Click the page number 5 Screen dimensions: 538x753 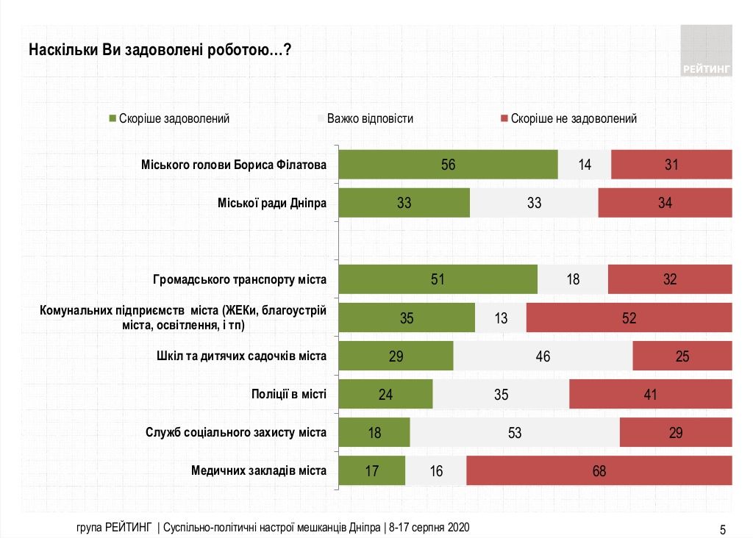[722, 528]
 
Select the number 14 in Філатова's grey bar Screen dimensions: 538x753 [585, 165]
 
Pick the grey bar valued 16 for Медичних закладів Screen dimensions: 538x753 [436, 471]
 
